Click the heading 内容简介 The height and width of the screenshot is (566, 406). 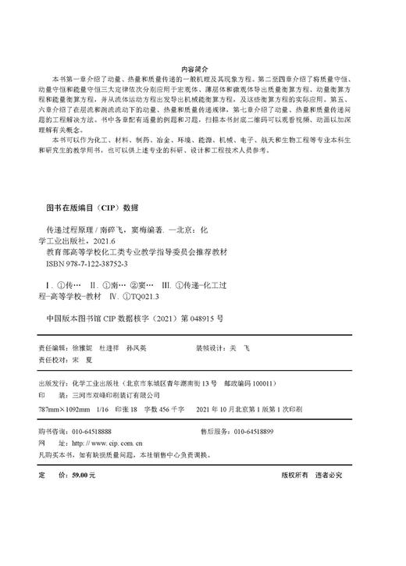click(x=202, y=69)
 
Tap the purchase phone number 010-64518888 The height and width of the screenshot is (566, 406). click(x=91, y=431)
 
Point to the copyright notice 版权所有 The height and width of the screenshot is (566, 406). click(x=297, y=474)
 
